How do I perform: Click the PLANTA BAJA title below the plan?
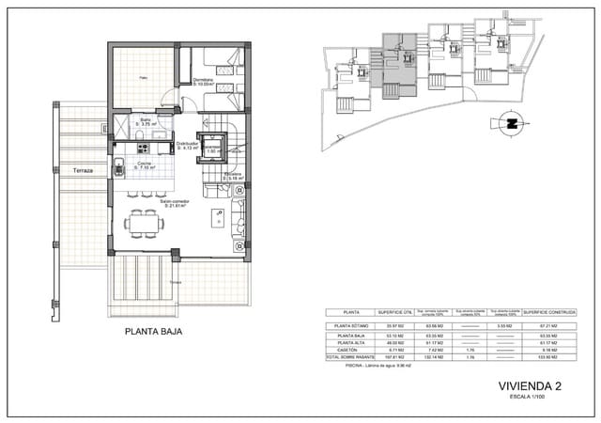(x=153, y=332)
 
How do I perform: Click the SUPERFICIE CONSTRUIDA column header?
(x=549, y=312)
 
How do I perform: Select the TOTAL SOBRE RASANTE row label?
(x=348, y=357)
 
